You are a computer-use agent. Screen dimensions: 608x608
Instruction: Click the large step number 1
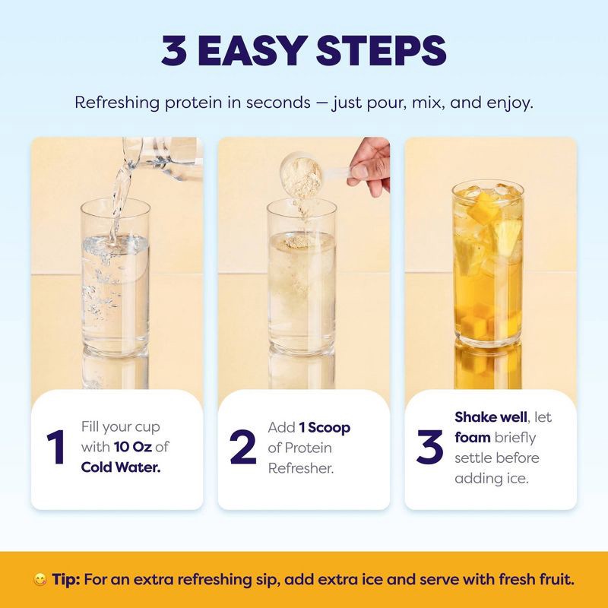point(55,447)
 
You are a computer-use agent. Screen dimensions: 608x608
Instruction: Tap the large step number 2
point(243,447)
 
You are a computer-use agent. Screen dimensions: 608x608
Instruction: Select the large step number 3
point(429,447)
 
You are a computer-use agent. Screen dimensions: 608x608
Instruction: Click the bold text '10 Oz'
point(132,447)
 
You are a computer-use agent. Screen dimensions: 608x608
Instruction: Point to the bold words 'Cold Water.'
point(121,467)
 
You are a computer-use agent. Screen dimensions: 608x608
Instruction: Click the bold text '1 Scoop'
point(325,427)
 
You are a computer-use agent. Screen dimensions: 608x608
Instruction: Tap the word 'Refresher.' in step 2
point(301,468)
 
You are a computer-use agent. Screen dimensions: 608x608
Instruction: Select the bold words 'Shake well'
point(491,417)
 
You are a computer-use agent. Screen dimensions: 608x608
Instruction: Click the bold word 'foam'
point(473,438)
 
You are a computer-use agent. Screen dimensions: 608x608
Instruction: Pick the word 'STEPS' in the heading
point(382,51)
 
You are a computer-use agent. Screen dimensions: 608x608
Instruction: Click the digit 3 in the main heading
point(175,51)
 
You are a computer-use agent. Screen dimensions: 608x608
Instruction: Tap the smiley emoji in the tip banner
point(40,580)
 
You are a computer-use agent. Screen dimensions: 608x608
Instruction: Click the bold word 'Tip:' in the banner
point(66,580)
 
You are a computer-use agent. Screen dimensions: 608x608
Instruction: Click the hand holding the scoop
point(370,166)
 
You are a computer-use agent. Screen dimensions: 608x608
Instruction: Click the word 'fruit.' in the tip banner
point(556,580)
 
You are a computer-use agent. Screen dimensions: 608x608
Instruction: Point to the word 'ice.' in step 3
point(518,479)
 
